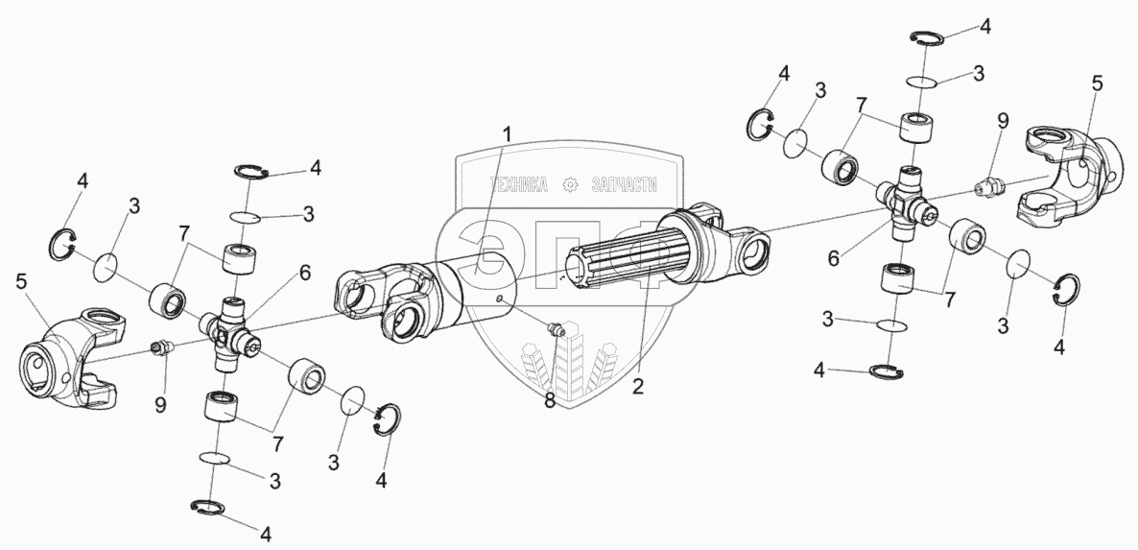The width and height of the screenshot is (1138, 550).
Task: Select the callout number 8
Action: pyautogui.click(x=550, y=401)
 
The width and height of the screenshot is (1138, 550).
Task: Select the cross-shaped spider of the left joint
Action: pyautogui.click(x=230, y=331)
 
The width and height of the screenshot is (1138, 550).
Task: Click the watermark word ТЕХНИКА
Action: pyautogui.click(x=519, y=185)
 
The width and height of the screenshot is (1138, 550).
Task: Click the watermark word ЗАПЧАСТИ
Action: pyautogui.click(x=622, y=185)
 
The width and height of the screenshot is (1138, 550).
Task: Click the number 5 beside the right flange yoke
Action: pyautogui.click(x=1097, y=84)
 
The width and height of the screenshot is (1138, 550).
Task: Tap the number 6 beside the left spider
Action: pyautogui.click(x=304, y=273)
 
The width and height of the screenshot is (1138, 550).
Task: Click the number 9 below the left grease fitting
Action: pyautogui.click(x=161, y=404)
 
